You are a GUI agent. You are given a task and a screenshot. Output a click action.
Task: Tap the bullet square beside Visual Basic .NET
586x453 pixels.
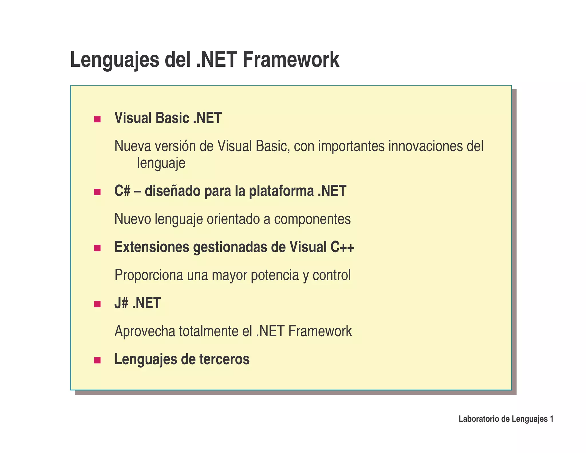pos(97,119)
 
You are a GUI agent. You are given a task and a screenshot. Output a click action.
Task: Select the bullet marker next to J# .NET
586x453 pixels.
pos(97,304)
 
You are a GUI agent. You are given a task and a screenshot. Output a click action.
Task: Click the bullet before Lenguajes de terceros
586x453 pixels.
pos(97,360)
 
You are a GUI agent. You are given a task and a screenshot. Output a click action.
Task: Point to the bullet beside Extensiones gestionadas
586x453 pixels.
pos(97,248)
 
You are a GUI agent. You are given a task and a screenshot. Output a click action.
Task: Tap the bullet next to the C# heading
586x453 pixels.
pos(97,192)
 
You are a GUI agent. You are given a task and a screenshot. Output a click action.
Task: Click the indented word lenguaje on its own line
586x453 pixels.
pos(161,164)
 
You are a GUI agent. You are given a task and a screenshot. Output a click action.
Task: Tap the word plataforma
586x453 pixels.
pos(281,191)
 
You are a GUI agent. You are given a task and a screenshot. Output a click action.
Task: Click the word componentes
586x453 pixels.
pos(312,219)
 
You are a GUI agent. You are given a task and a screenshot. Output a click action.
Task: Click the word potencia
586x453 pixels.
pos(274,275)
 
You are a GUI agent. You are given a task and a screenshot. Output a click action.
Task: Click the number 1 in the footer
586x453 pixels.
pos(551,419)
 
